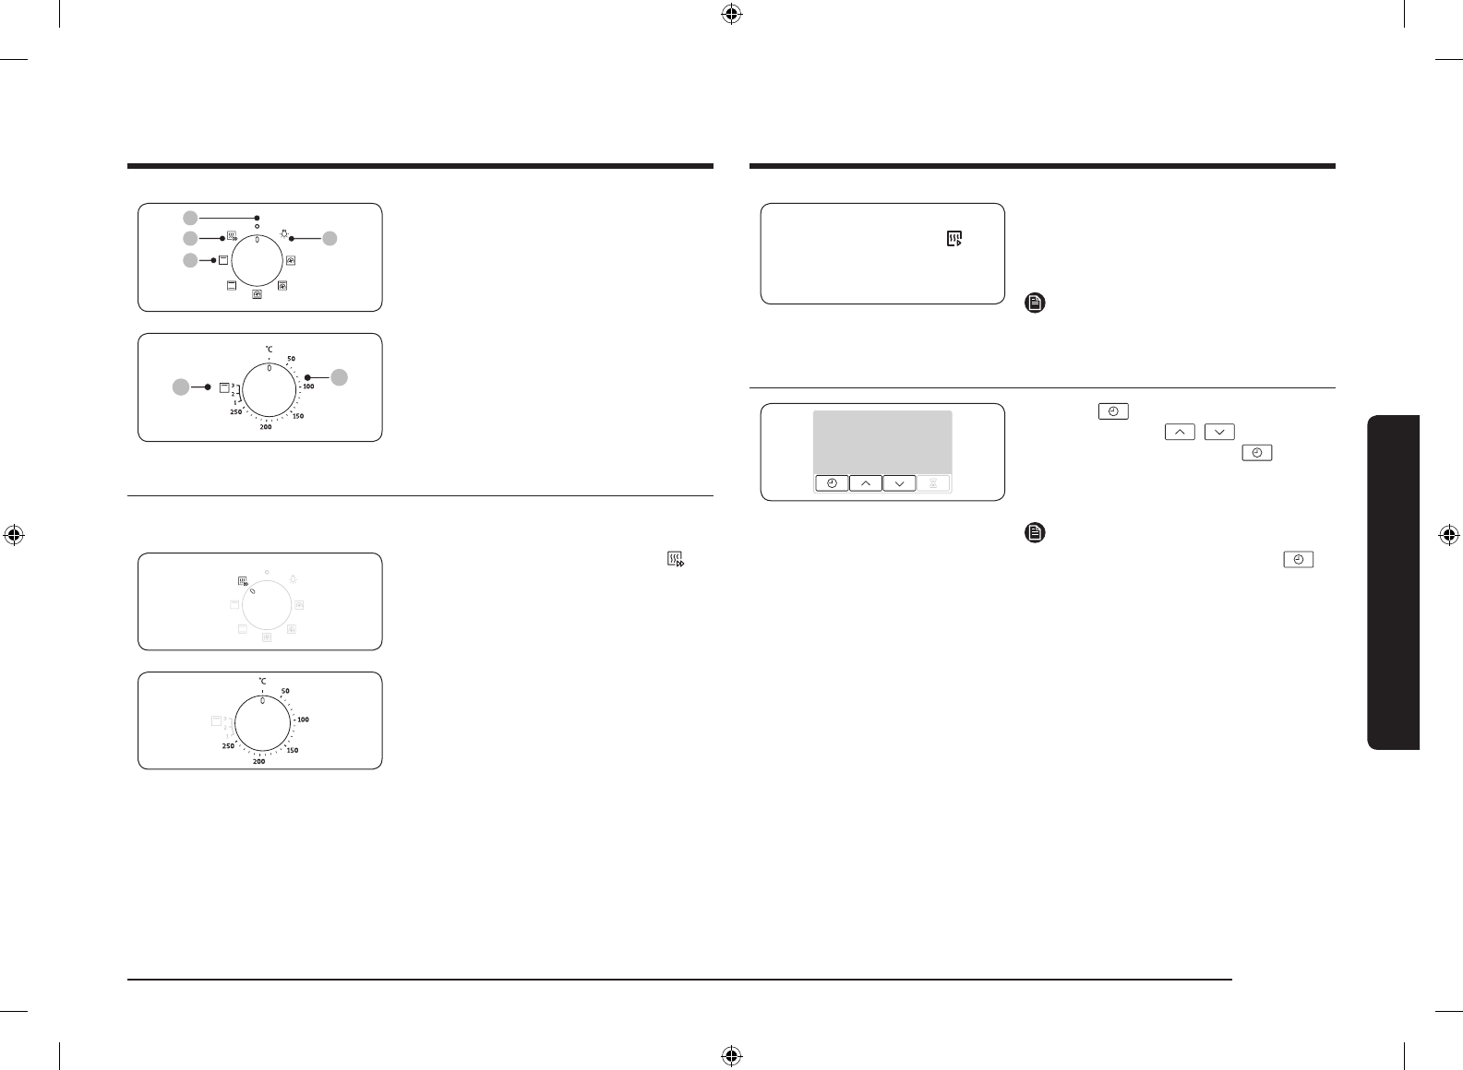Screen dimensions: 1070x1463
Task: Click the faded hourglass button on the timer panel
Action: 933,483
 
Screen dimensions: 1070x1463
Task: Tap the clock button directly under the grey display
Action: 832,483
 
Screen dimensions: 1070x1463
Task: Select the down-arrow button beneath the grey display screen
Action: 899,483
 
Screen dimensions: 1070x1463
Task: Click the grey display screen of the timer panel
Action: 881,442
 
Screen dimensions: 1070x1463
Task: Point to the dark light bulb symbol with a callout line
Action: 283,234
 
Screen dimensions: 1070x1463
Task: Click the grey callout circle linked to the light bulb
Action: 330,239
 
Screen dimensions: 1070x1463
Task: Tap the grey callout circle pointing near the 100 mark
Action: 340,377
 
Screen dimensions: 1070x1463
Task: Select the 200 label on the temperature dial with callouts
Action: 266,427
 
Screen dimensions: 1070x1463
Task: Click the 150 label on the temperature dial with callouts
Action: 298,416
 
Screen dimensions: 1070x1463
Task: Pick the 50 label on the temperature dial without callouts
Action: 285,691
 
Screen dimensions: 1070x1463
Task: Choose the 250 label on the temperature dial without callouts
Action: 228,745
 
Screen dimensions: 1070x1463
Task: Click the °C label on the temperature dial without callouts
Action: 262,682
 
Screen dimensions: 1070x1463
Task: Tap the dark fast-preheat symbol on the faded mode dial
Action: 244,582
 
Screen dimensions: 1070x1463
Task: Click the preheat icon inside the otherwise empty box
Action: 954,240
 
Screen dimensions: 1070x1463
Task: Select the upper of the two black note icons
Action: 1035,303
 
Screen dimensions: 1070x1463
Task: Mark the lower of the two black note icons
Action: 1035,532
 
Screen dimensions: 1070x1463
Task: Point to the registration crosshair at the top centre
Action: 731,14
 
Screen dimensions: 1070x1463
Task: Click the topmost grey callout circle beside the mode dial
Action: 190,218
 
